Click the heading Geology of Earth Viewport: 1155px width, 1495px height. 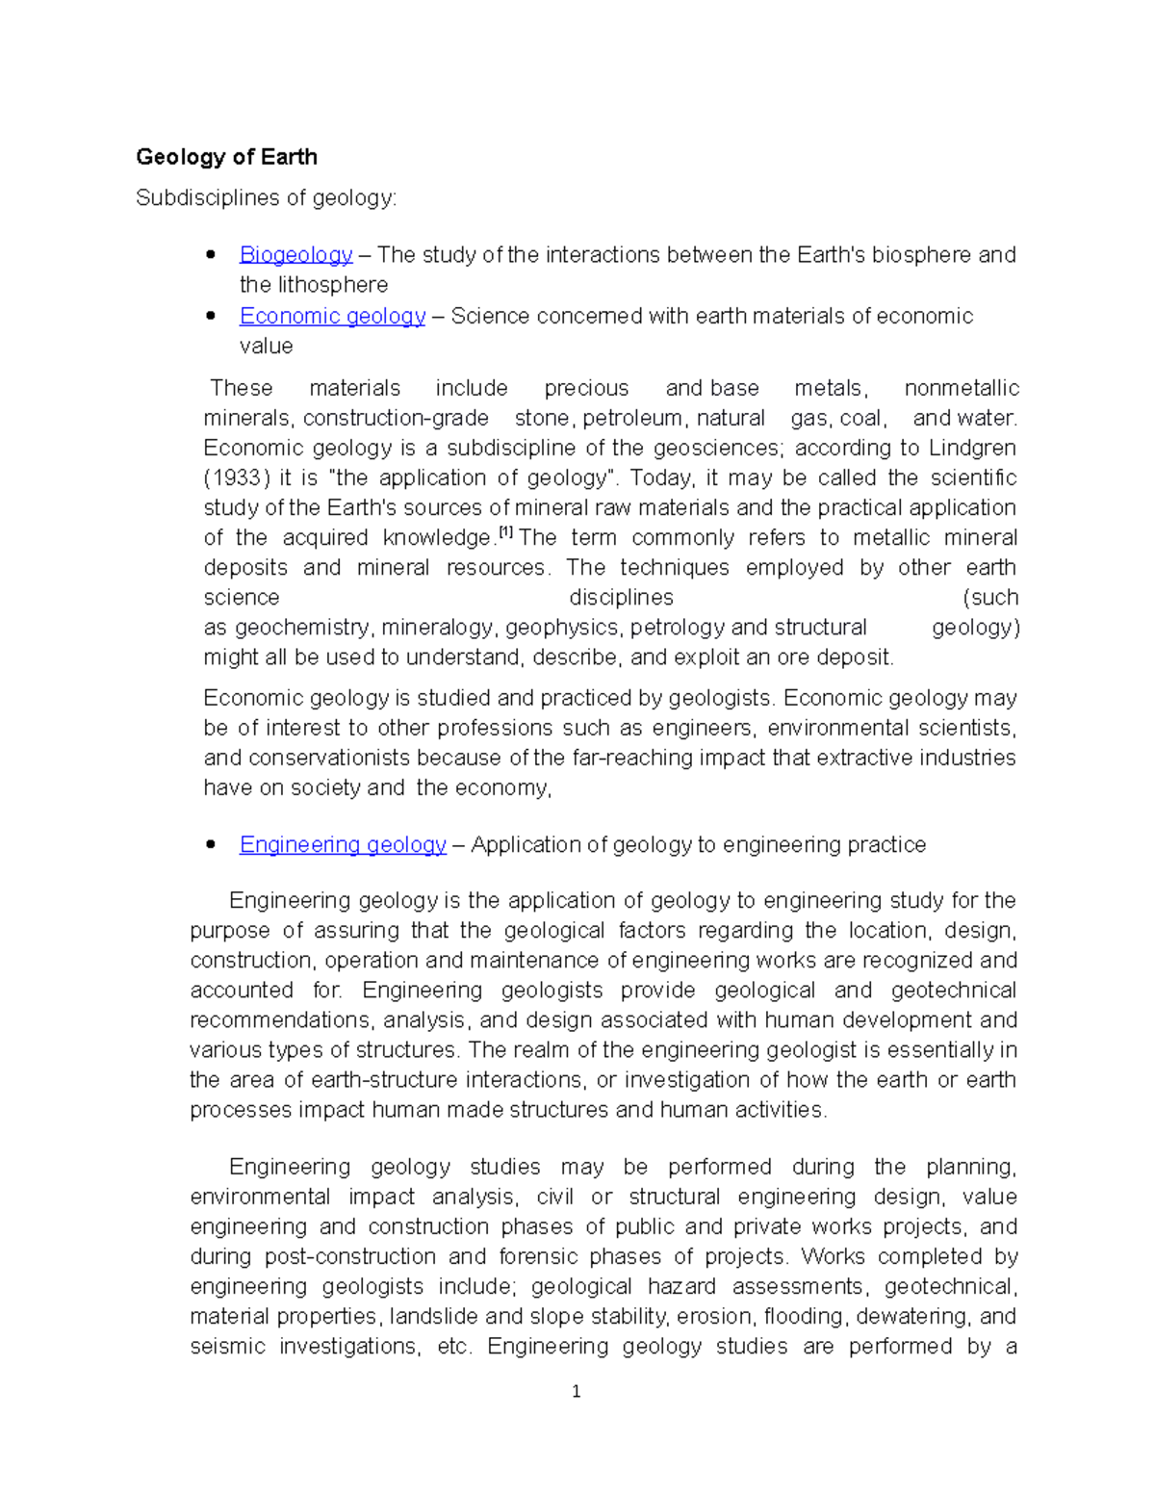(226, 157)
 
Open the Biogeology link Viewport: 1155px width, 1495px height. (295, 255)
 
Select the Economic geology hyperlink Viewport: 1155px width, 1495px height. (332, 317)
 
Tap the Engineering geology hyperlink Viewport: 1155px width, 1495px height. (343, 845)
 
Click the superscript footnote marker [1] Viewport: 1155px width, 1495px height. (505, 532)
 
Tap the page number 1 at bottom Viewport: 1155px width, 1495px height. (576, 1391)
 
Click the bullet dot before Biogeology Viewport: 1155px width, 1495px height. (211, 255)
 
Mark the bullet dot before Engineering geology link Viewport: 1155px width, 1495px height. (211, 845)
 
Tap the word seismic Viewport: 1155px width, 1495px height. (226, 1347)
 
